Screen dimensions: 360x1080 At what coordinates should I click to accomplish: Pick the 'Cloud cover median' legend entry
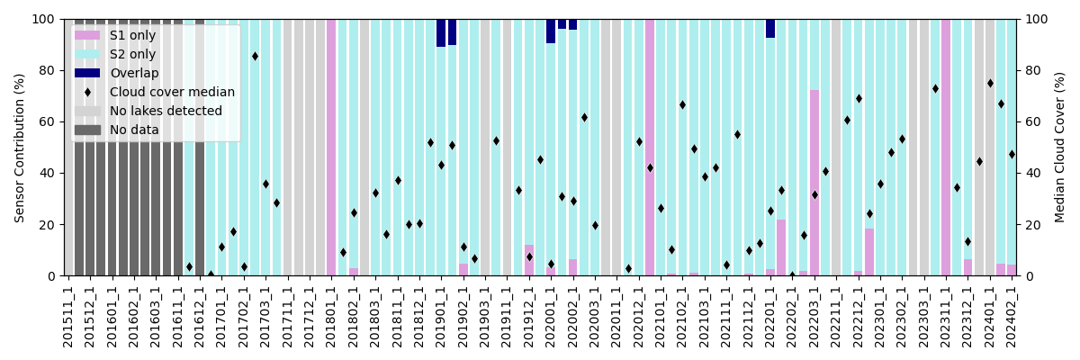[172, 92]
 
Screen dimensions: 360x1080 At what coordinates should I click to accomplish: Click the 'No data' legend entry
[134, 130]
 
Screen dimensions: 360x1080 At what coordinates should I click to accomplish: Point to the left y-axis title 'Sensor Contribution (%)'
[20, 148]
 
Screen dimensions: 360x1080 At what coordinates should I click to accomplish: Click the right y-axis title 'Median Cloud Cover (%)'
[1060, 148]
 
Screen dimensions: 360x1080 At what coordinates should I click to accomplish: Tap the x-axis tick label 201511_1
[68, 316]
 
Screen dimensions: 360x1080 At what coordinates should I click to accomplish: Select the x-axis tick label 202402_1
[1012, 316]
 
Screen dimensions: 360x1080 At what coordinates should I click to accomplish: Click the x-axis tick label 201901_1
[441, 316]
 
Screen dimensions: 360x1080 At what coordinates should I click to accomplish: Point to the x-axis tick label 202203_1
[814, 316]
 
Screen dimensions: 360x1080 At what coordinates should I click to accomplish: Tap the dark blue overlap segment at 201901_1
[441, 32]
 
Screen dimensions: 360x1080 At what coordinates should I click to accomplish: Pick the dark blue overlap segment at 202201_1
[770, 28]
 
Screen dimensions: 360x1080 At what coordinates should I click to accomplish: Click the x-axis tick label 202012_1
[639, 316]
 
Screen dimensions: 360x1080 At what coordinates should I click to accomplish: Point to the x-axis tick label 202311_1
[946, 316]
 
